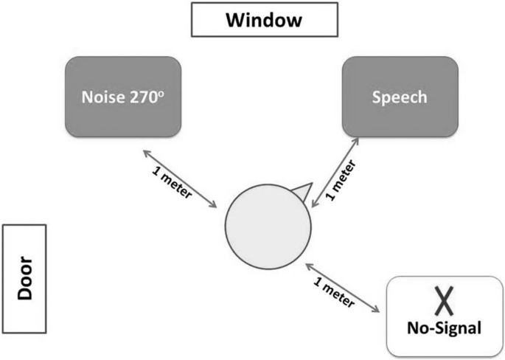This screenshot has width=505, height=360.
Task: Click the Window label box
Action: [264, 20]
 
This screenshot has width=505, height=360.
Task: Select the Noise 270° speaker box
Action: [122, 97]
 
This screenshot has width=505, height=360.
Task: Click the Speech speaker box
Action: [399, 97]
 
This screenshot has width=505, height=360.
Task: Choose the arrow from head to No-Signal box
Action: [344, 287]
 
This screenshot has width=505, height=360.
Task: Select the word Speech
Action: [399, 98]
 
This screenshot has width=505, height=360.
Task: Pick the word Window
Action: [264, 20]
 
